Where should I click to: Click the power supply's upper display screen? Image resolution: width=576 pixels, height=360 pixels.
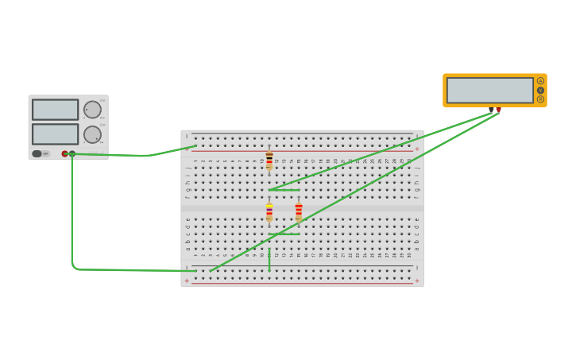(x=55, y=110)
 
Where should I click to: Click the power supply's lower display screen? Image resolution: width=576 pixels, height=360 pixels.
(x=55, y=134)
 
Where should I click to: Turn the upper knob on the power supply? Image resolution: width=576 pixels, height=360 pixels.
(x=92, y=110)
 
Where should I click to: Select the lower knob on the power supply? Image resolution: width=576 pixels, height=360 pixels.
(x=92, y=134)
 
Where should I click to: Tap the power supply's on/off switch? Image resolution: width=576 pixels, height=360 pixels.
(x=37, y=153)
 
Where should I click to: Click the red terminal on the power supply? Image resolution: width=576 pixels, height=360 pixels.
(x=64, y=153)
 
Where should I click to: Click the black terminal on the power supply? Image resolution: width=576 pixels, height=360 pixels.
(x=72, y=153)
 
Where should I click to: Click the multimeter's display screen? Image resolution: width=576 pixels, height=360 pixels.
(x=489, y=90)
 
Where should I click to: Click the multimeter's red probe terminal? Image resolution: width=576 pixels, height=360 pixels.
(x=499, y=110)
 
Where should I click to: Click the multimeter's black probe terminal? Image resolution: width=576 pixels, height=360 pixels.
(x=492, y=110)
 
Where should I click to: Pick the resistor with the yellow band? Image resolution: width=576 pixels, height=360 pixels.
(x=269, y=212)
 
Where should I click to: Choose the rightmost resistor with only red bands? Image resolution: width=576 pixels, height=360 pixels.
(x=299, y=211)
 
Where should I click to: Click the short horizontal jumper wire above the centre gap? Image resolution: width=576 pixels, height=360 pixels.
(x=284, y=190)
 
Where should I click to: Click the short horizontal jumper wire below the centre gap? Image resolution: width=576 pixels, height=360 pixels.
(x=284, y=234)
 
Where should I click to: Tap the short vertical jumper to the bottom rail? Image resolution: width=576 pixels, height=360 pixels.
(x=269, y=259)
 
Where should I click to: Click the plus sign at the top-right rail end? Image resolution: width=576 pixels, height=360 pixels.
(x=416, y=149)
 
